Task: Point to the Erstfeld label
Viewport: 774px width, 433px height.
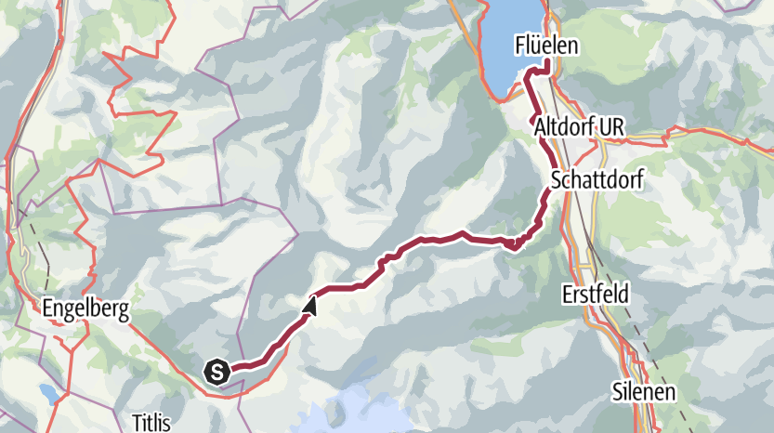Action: click(596, 294)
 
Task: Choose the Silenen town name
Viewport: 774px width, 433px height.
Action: click(644, 390)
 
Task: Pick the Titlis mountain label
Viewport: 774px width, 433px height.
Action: click(152, 418)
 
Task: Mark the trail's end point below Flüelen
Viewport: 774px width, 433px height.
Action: click(547, 64)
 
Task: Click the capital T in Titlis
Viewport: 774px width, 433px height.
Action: click(136, 418)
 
